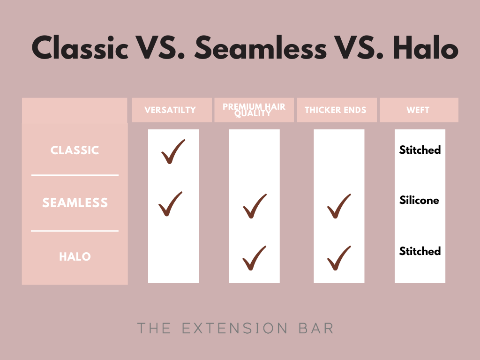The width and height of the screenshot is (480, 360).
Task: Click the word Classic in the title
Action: (x=80, y=47)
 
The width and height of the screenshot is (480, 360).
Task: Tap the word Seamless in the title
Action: (x=261, y=47)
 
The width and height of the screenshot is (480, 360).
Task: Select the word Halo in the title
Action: (x=426, y=47)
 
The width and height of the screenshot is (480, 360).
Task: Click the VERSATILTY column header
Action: (x=170, y=110)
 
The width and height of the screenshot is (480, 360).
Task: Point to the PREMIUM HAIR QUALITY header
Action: (x=254, y=110)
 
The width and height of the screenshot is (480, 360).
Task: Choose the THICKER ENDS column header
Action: (x=336, y=110)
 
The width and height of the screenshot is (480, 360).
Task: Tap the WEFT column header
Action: (x=418, y=110)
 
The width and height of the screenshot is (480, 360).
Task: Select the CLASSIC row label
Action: (x=75, y=150)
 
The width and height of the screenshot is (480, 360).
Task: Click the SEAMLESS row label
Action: (x=75, y=202)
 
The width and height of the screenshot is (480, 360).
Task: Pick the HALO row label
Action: (x=75, y=256)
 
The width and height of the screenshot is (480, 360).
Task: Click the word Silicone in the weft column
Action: (x=420, y=200)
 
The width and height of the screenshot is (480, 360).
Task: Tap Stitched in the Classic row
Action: (x=420, y=150)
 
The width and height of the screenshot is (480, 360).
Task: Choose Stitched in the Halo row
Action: (x=420, y=251)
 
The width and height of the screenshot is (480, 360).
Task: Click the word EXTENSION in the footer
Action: (x=235, y=329)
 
